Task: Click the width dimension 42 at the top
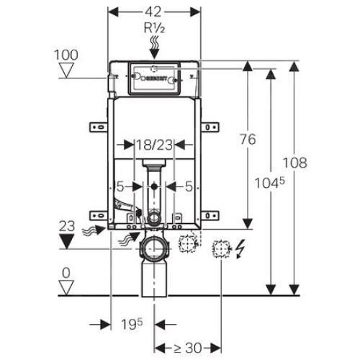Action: tap(154, 12)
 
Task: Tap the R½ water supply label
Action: tap(154, 28)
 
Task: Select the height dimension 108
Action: tap(295, 163)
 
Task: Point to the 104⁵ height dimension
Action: tap(269, 183)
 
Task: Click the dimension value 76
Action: tap(248, 139)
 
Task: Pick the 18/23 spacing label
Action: tap(154, 145)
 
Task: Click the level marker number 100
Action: tap(66, 55)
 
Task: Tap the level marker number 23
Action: tap(67, 226)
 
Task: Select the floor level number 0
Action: tap(66, 273)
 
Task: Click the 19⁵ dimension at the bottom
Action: tap(132, 324)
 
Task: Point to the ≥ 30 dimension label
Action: tap(187, 348)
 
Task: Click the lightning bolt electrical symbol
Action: tap(240, 250)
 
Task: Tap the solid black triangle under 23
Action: tap(66, 241)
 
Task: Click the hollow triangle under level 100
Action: tap(66, 71)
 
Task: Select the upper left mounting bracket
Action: tap(99, 127)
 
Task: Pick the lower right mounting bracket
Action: tap(210, 215)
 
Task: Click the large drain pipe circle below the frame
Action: tap(154, 248)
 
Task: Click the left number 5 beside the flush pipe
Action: tap(120, 186)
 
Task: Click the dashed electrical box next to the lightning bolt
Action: tap(221, 249)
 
